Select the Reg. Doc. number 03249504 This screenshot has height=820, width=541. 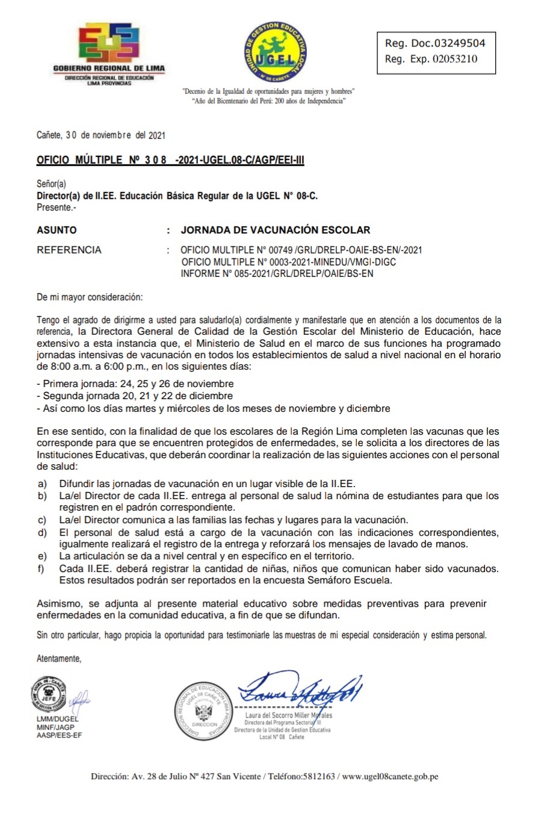(447, 43)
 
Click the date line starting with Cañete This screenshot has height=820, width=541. (100, 135)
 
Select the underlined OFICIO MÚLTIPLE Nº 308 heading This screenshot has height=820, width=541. (170, 160)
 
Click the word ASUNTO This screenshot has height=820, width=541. (57, 230)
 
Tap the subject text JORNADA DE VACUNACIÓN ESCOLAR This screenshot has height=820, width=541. (276, 230)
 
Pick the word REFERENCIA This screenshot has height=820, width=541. (69, 250)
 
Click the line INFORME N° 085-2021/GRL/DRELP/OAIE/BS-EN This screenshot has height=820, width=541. (277, 273)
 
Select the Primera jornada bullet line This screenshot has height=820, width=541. (135, 384)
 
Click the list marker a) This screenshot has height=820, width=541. (42, 484)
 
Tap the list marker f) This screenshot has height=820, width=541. (41, 569)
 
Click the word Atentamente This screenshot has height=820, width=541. (59, 659)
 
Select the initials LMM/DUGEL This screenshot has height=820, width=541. (57, 719)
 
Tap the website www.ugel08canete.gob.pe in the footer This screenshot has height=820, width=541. (390, 777)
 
